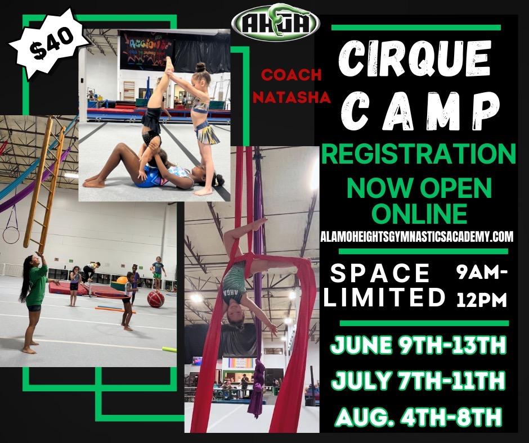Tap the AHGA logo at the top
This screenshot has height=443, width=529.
point(275,22)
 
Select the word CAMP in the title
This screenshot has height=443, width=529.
point(420,111)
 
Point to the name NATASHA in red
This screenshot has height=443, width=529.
point(292,97)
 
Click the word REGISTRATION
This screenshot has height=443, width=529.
point(418,153)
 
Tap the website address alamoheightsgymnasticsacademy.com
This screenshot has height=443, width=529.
point(416,236)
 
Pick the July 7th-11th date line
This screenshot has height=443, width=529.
point(418,380)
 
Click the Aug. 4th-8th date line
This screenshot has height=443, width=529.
point(418,417)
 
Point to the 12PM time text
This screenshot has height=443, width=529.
point(482,300)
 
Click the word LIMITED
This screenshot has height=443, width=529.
point(384,297)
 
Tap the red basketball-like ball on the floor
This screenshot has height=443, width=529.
point(155,299)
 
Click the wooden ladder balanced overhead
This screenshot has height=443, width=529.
point(44,184)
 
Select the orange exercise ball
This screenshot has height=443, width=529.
point(122,281)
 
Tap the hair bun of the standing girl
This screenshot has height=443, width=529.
point(200,67)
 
